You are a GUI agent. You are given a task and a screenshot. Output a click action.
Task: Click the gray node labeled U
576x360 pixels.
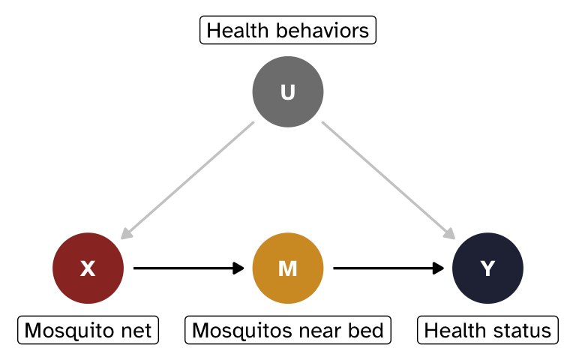tap(288, 91)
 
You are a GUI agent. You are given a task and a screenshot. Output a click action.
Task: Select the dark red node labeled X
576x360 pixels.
tap(88, 268)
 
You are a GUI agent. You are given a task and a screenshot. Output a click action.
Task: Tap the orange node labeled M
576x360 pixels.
tap(288, 268)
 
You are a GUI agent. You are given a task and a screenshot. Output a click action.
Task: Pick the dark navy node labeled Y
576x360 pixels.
tap(487, 268)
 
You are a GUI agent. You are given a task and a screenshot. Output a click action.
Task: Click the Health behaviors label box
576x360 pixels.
tap(288, 31)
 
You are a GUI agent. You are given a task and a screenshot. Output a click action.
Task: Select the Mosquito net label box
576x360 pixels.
tap(88, 330)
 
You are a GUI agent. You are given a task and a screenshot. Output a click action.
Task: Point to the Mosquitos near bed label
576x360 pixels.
tap(288, 330)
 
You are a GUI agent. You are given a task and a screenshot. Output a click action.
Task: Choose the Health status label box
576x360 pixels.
tap(487, 330)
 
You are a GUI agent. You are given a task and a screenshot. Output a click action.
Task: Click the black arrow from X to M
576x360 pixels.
tap(187, 268)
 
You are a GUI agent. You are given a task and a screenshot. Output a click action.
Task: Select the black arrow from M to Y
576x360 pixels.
tap(387, 268)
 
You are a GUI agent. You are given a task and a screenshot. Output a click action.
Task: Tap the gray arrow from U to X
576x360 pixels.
tap(187, 180)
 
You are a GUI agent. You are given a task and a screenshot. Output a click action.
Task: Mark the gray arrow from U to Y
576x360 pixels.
tap(388, 180)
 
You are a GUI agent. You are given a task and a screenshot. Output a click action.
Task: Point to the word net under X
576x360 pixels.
tap(138, 330)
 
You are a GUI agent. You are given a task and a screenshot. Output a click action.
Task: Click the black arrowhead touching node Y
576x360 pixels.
tap(439, 268)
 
